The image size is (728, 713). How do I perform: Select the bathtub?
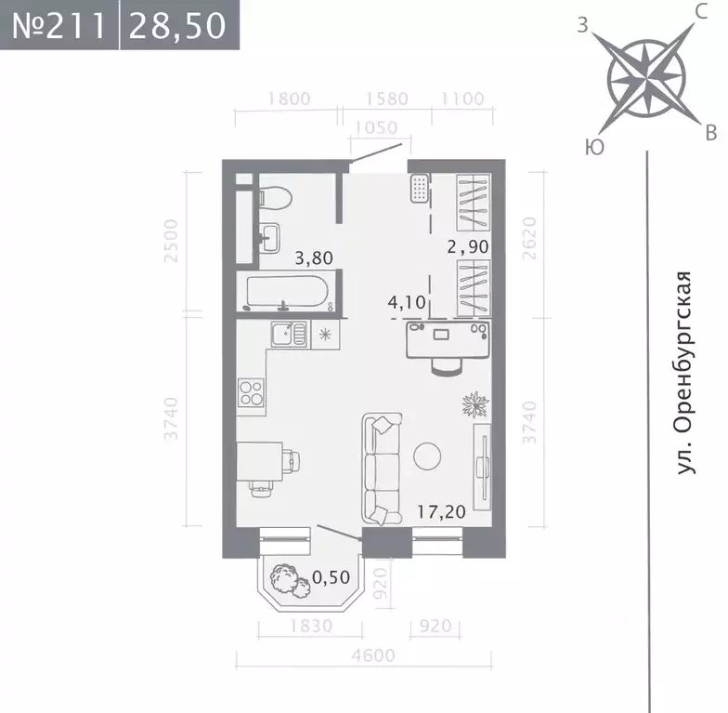[x=287, y=293]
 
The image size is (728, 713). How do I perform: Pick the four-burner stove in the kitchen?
[x=252, y=392]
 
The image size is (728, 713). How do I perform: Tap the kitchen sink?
[x=288, y=332]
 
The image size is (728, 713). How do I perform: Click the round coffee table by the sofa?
[x=427, y=456]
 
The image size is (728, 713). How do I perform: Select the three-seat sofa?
[x=382, y=469]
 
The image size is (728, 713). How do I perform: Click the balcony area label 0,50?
[x=331, y=576]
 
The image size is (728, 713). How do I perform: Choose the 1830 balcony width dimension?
[x=310, y=626]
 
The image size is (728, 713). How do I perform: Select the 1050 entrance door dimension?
[x=375, y=127]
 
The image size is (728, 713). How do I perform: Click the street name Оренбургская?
[x=684, y=374]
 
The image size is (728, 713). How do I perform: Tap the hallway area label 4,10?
[x=405, y=301]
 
